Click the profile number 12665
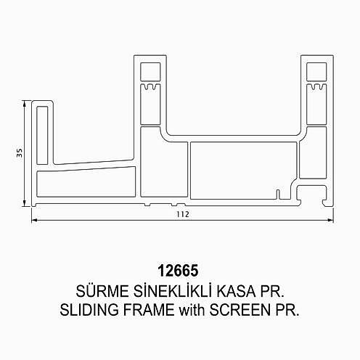178,271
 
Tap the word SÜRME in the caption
102,290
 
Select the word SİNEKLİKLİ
173,290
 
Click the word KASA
236,291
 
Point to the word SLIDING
89,310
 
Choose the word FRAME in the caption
149,310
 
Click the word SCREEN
240,310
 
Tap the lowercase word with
192,310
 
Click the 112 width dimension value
183,214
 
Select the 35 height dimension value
20,153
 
